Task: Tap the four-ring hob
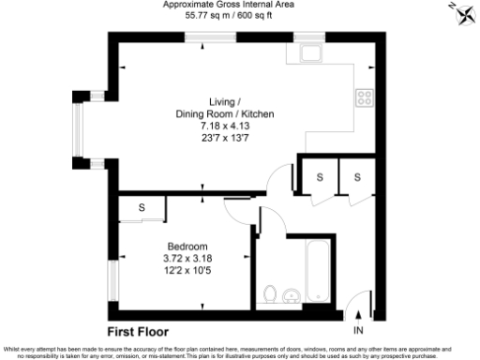pos(364,97)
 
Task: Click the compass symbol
pos(461,13)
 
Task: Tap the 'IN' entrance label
pos(357,331)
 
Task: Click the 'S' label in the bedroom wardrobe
pos(142,207)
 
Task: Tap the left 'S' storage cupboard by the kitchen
pos(320,177)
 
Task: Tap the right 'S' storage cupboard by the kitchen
pos(357,177)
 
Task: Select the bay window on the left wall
pos(81,128)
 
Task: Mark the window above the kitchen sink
pos(309,37)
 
